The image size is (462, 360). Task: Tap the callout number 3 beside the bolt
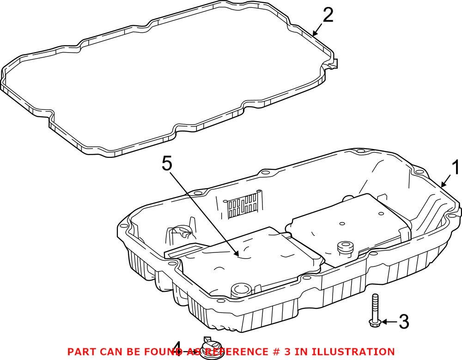(403, 322)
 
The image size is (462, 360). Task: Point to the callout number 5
(167, 164)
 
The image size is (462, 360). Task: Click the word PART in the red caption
(81, 352)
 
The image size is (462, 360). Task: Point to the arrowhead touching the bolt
(382, 322)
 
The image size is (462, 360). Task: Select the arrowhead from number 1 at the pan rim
(443, 186)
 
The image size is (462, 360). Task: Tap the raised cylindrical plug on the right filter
(344, 247)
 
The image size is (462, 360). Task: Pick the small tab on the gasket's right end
(335, 63)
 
